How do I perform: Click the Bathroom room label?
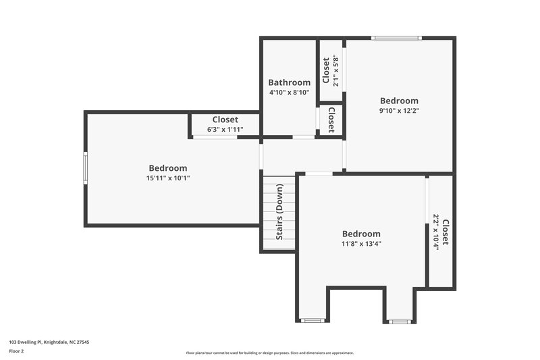(289, 82)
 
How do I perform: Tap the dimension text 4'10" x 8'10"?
(289, 93)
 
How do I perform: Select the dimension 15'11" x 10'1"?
(168, 178)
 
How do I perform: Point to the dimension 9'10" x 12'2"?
(399, 111)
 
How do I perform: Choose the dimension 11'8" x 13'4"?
(361, 244)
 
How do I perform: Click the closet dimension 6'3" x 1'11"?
(225, 129)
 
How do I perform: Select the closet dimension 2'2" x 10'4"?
(436, 233)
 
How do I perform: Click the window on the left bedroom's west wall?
(86, 168)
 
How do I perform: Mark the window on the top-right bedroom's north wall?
(398, 38)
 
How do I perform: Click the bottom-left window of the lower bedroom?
(311, 321)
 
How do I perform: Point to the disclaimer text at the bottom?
(269, 353)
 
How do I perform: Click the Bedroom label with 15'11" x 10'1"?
(168, 168)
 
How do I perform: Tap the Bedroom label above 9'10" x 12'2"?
(399, 101)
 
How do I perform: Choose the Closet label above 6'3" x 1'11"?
(225, 120)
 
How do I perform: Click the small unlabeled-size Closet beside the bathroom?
(331, 120)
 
